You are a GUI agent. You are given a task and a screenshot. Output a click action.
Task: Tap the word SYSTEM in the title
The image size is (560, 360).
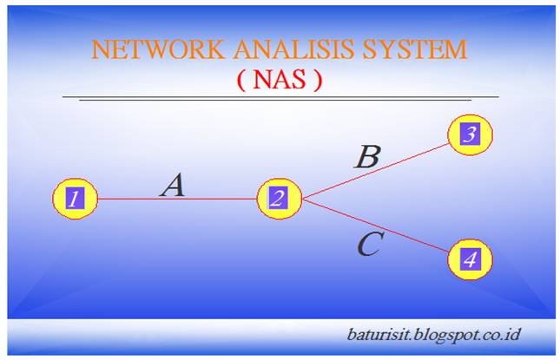(x=413, y=49)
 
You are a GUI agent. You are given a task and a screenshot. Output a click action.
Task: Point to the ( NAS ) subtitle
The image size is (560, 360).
(x=280, y=80)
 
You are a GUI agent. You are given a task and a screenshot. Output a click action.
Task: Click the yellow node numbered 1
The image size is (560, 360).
(x=75, y=199)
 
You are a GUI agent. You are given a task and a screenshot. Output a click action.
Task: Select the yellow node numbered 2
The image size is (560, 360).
(x=278, y=199)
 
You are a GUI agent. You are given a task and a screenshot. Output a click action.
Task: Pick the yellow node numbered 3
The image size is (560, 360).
(x=470, y=134)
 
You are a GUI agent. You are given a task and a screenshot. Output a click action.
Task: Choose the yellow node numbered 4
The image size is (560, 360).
(x=470, y=259)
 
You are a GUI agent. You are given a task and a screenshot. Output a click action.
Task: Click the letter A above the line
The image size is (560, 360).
(x=173, y=185)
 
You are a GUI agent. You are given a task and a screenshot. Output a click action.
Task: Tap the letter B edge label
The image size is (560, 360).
(x=367, y=157)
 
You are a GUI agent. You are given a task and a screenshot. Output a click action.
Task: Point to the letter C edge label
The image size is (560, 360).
(x=368, y=245)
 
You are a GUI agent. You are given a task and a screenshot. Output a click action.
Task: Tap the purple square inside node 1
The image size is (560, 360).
(x=75, y=199)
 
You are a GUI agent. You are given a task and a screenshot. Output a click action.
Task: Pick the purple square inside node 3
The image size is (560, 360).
(x=470, y=134)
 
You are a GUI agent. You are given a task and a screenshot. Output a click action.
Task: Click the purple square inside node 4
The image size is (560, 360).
(x=470, y=259)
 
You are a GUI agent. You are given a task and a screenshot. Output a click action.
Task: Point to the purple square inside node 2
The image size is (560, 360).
(x=278, y=199)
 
